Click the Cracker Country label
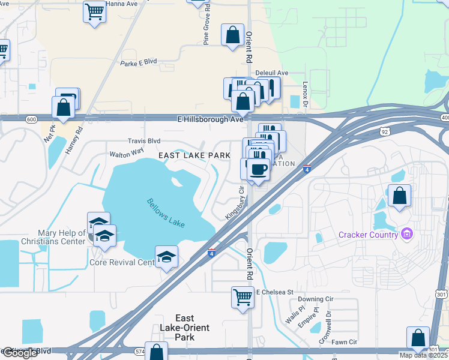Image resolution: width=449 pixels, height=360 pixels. coord(369,234)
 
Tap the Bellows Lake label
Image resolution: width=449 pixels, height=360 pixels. coord(165,212)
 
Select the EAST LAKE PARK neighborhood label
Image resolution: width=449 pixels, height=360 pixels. coord(194,155)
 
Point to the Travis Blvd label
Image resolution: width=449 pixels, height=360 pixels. coord(144,141)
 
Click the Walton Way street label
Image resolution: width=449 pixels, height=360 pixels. coord(127,153)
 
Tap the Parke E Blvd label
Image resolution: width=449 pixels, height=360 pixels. coord(138,62)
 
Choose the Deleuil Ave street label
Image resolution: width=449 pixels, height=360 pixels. coord(272,73)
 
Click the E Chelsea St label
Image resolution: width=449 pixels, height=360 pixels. coord(274,292)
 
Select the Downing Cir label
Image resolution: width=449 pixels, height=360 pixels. coord(315,299)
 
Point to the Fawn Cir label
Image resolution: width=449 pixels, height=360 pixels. coord(344,342)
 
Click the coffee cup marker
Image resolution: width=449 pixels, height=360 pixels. coord(258,170)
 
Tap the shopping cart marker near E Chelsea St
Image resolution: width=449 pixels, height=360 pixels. coord(243,297)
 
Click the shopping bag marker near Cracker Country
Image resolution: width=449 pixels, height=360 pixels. coord(399,196)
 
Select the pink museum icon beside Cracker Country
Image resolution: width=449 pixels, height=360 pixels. coord(407,233)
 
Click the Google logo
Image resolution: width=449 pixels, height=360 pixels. coord(20,353)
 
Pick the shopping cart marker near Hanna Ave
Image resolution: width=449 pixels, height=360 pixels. coord(94,11)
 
